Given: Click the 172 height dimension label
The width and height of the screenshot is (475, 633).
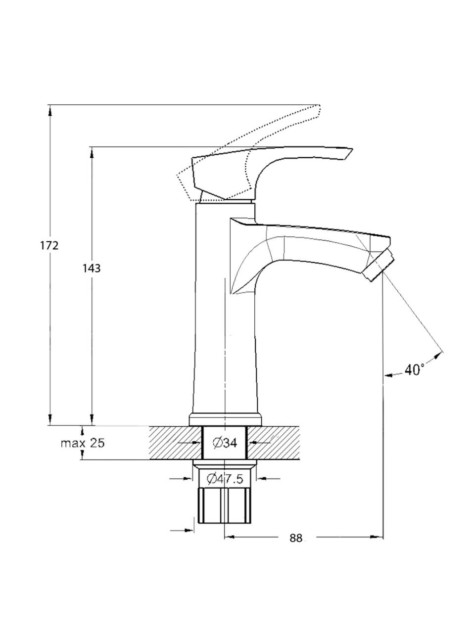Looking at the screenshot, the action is click(x=49, y=245).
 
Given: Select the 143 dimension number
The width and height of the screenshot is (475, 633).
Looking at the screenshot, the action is click(x=92, y=268).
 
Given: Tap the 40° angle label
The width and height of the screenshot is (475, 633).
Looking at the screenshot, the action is click(x=415, y=370).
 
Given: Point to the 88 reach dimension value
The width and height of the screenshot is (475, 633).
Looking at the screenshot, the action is click(x=296, y=538).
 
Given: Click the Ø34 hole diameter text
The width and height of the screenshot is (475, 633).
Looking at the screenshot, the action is click(x=225, y=443).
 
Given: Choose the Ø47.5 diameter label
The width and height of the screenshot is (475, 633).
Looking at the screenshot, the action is click(x=226, y=479).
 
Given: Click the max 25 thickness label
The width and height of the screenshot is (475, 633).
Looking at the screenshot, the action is click(x=83, y=443).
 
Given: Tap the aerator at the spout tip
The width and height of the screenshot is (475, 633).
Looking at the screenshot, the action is click(x=379, y=265).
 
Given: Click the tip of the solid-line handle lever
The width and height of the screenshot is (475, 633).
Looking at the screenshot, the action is click(x=352, y=149).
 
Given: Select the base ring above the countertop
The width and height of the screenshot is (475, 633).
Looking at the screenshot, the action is click(x=225, y=420).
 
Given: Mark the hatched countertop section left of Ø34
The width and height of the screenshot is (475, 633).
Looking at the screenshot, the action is click(x=175, y=443).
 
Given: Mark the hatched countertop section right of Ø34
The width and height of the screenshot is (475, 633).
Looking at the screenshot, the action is click(x=274, y=443).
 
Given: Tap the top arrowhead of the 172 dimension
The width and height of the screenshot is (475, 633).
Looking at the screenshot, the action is click(x=50, y=111).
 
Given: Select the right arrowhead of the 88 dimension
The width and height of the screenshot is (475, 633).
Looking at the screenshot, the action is click(x=378, y=537).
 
